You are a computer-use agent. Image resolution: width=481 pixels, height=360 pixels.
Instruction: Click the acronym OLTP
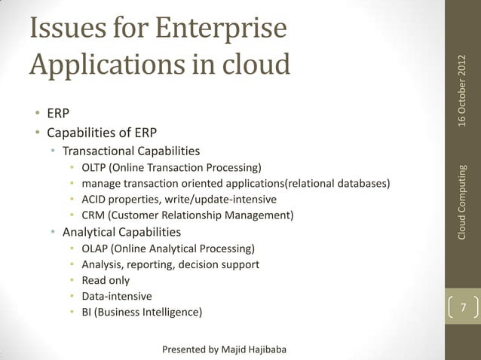[x=95, y=166]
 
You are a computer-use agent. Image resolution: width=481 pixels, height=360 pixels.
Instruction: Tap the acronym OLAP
[x=95, y=249]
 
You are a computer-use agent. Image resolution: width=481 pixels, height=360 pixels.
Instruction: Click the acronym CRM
[x=93, y=216]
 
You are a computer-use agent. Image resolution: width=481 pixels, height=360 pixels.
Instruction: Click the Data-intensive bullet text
[x=116, y=296]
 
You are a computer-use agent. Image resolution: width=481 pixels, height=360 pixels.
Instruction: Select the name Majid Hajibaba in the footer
[x=255, y=349]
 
